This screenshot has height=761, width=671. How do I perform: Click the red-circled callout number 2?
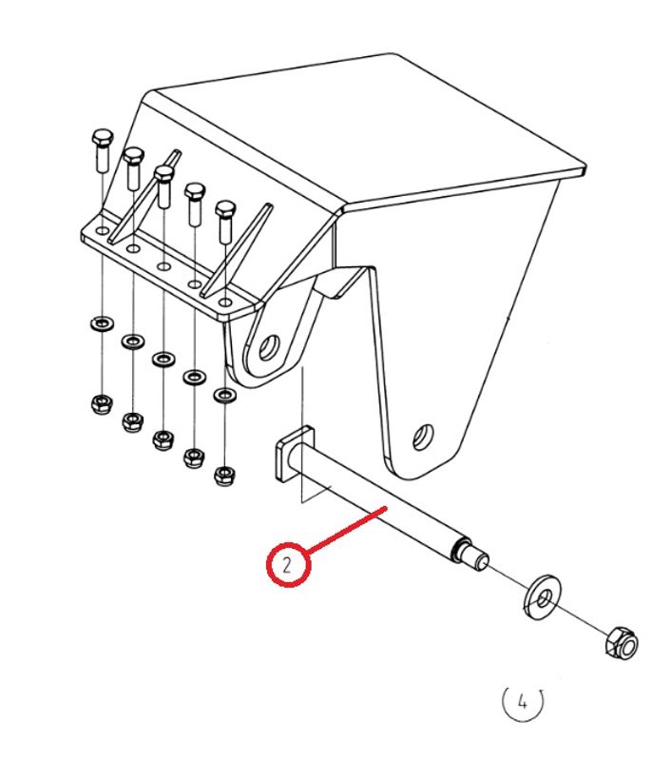coord(288,565)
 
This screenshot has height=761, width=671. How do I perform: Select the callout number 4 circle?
coord(522,701)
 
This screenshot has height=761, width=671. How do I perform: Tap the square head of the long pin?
coord(295,455)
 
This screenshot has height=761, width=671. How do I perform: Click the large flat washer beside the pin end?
coord(543,597)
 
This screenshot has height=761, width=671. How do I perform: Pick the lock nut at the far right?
coord(622,644)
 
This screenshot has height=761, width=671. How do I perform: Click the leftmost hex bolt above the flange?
coord(103,150)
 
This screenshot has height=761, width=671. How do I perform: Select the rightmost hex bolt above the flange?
coord(225,222)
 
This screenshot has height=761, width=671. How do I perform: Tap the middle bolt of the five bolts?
coord(163,186)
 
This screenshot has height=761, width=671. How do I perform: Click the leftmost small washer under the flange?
coord(102,322)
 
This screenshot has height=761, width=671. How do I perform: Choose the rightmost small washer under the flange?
coord(225,395)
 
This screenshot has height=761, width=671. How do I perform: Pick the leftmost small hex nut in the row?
coord(102,403)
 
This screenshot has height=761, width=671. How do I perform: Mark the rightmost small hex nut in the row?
coord(224,476)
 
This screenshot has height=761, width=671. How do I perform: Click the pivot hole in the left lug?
coord(269,347)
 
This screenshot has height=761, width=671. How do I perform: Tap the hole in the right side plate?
coord(423,437)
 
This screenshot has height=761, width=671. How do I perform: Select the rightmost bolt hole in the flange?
coord(225,302)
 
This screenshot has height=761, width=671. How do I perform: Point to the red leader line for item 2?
coord(347,530)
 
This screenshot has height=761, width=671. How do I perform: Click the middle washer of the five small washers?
coord(163,360)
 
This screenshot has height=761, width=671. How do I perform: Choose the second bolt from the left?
coord(133,168)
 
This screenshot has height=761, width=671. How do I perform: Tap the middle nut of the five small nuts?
coord(163,439)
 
